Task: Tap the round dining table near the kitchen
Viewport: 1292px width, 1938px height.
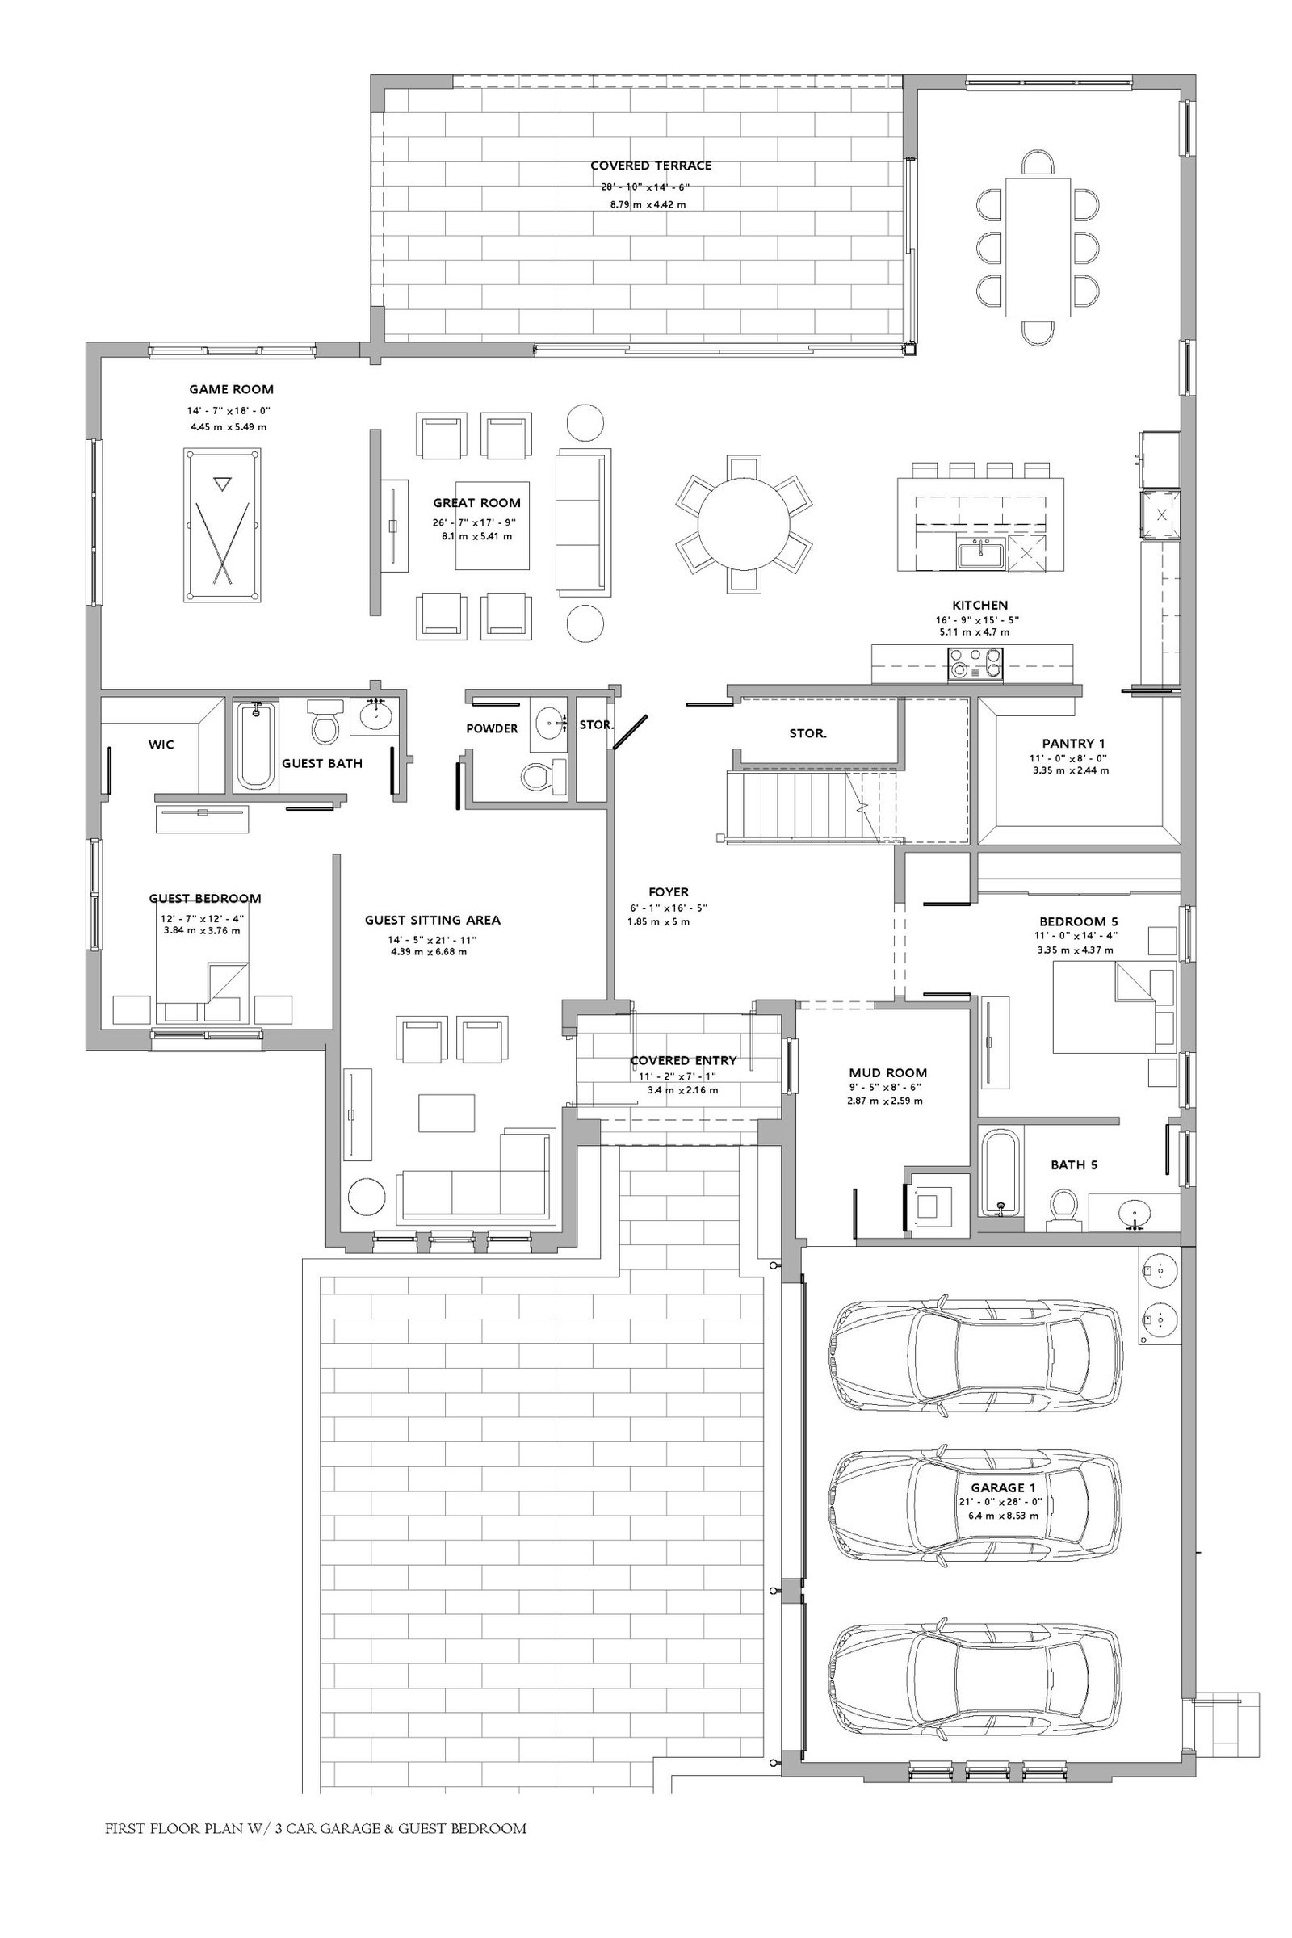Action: click(743, 524)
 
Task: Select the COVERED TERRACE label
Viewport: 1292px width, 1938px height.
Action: click(651, 166)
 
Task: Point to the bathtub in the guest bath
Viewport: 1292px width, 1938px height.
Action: click(255, 745)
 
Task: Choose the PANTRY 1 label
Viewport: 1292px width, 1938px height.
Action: click(1075, 743)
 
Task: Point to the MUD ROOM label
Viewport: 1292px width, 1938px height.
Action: click(888, 1073)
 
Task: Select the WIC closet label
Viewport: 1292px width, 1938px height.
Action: click(161, 745)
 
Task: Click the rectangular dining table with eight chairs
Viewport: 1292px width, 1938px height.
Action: click(1038, 247)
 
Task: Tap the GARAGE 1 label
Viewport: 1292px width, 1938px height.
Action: click(1003, 1487)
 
